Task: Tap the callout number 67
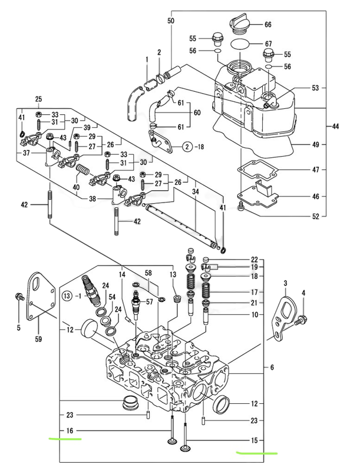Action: coord(268,45)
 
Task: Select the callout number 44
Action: coord(335,127)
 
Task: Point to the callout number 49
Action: coord(315,144)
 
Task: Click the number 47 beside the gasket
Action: coord(315,170)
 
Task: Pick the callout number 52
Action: coord(315,217)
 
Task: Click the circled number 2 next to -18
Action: coord(187,145)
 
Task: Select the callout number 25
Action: coord(39,98)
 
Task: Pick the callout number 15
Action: coord(254,440)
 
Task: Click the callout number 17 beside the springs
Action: coord(254,292)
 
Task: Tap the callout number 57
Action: coord(149,301)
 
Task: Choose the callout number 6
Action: coord(272,367)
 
